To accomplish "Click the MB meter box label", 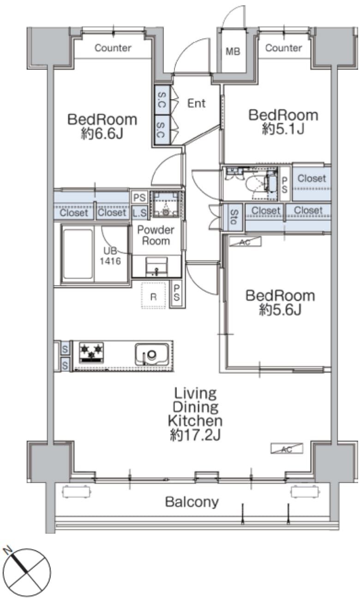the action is click(233, 51).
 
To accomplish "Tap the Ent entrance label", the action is click(196, 103).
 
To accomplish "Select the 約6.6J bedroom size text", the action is click(102, 133).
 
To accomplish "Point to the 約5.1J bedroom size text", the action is click(283, 129).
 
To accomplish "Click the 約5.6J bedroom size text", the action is click(280, 309).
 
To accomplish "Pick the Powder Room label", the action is click(156, 235).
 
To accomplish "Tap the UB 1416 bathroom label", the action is click(110, 256).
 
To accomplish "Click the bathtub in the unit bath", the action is click(78, 254).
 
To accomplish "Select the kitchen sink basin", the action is click(152, 354).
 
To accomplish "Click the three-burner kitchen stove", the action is click(91, 352).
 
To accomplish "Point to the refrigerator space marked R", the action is click(153, 296).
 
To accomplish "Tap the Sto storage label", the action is click(234, 217).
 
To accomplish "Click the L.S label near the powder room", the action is click(139, 213).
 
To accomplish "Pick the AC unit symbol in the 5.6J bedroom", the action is click(245, 242).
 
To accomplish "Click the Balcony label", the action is click(192, 502).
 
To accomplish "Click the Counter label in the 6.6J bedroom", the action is click(113, 48).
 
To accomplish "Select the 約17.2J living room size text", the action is click(195, 435).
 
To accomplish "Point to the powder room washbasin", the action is click(156, 267).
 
